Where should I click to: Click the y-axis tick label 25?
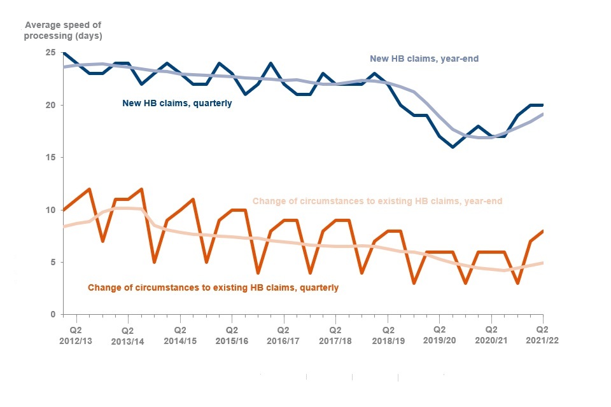click(50, 53)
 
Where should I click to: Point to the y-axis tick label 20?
click(50, 105)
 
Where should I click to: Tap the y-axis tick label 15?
click(50, 158)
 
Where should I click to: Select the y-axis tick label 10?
click(50, 210)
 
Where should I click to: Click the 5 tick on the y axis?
click(53, 262)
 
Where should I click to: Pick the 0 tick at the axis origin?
click(53, 315)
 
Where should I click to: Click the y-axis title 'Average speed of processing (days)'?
click(63, 31)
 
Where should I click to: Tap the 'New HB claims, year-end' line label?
click(424, 59)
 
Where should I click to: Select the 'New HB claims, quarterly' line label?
click(177, 103)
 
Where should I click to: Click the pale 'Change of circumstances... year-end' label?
click(377, 201)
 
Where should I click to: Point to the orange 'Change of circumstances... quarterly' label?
click(213, 287)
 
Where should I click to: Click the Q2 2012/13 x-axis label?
click(76, 335)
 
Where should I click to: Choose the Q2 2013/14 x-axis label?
click(128, 335)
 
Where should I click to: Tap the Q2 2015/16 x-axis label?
click(232, 335)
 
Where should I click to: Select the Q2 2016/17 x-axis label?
click(283, 335)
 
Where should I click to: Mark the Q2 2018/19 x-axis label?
click(387, 335)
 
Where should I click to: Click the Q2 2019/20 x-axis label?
click(439, 335)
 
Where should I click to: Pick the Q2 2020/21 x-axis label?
click(491, 335)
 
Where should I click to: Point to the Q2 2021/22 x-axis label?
click(542, 335)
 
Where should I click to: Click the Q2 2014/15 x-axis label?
click(180, 335)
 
